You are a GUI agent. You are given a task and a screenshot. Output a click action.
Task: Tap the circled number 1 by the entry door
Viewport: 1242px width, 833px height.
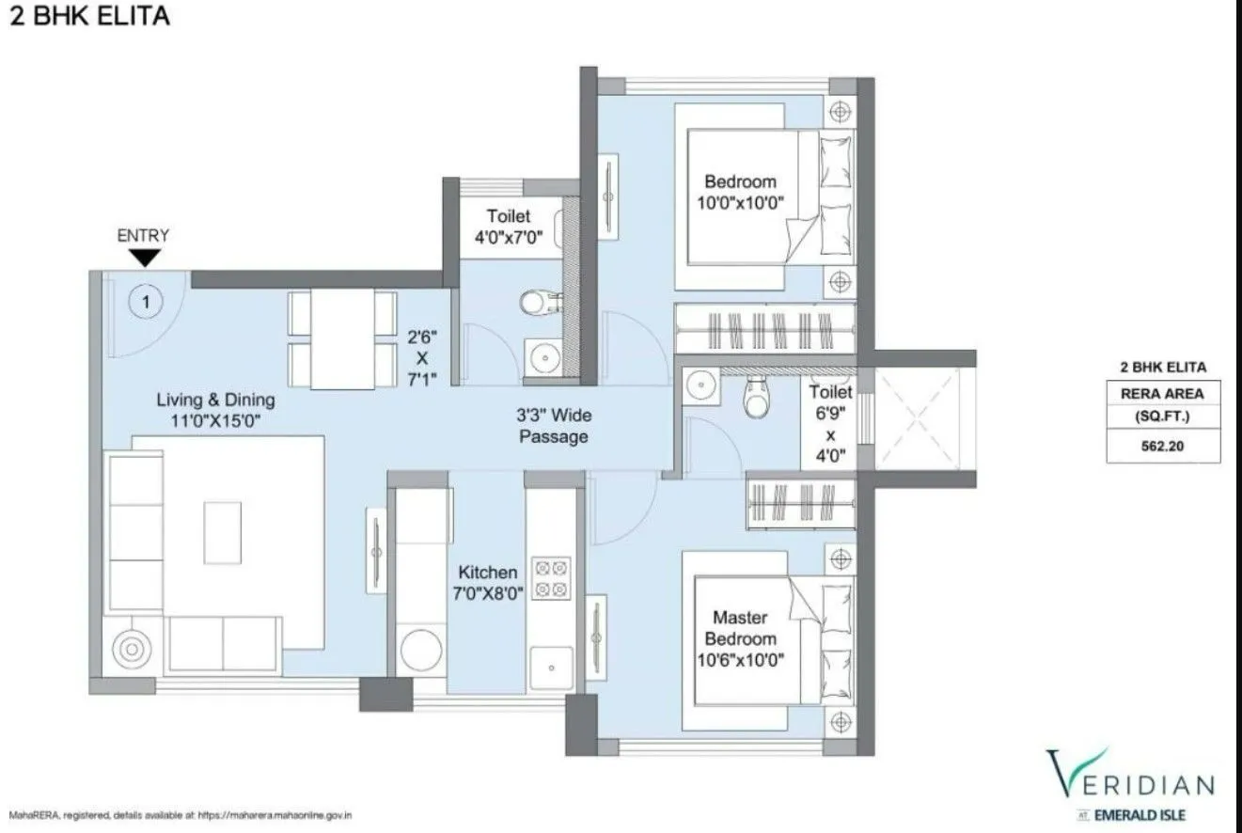click(x=147, y=302)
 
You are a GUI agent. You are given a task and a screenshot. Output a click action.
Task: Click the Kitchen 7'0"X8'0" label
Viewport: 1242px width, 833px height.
click(x=487, y=582)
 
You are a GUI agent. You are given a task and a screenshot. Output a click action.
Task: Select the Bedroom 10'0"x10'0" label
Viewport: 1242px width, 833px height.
click(x=741, y=192)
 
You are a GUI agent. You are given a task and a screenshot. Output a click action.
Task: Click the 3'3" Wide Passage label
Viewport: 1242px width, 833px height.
click(x=554, y=426)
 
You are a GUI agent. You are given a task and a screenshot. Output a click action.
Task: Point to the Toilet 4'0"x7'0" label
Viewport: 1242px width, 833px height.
click(x=508, y=227)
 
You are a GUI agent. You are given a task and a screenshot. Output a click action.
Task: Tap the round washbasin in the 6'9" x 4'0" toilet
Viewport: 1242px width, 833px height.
click(x=700, y=385)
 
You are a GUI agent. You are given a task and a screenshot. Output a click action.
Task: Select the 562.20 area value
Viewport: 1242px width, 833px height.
click(x=1163, y=448)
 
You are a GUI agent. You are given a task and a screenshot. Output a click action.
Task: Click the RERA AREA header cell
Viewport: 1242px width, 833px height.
click(x=1163, y=394)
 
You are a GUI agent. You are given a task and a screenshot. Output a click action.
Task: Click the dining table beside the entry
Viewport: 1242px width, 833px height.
click(x=341, y=338)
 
